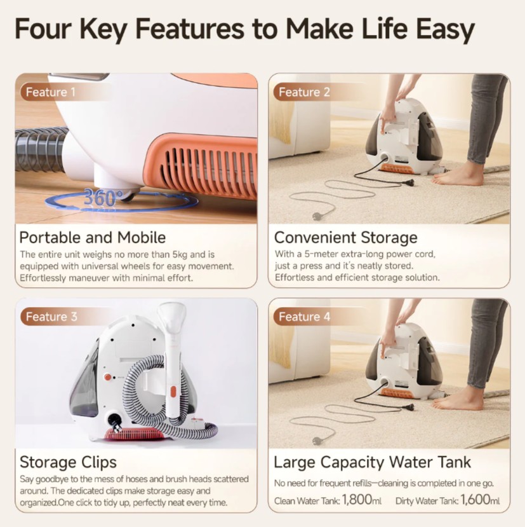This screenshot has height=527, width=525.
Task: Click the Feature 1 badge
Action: [x=50, y=92]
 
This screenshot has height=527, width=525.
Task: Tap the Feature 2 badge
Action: [x=304, y=92]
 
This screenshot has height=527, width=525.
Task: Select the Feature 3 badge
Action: [x=51, y=317]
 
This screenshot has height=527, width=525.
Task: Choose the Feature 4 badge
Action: [x=304, y=317]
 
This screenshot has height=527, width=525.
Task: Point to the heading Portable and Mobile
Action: [x=93, y=238]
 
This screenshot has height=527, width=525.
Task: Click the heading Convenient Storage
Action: [x=345, y=238]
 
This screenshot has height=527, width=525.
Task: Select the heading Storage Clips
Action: [x=68, y=462]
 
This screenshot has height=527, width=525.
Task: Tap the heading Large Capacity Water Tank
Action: [x=373, y=462]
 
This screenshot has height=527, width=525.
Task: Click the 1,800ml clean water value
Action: [x=362, y=500]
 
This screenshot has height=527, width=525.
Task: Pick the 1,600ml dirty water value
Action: [x=480, y=500]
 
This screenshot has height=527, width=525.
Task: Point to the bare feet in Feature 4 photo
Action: [x=458, y=399]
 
